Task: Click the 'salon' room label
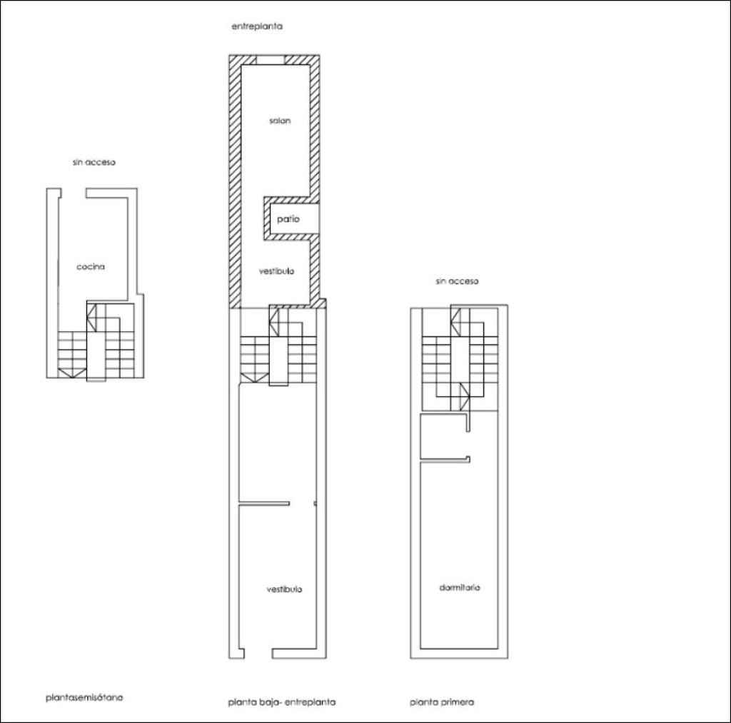pyautogui.click(x=280, y=121)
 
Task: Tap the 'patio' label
pyautogui.click(x=288, y=219)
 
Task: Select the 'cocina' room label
pyautogui.click(x=91, y=267)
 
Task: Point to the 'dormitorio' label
pyautogui.click(x=459, y=588)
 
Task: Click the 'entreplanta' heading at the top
pyautogui.click(x=257, y=26)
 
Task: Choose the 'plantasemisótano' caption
pyautogui.click(x=84, y=698)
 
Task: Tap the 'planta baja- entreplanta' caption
pyautogui.click(x=281, y=702)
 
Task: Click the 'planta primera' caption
pyautogui.click(x=442, y=702)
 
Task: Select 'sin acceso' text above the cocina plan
pyautogui.click(x=94, y=162)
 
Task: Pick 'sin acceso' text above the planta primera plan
pyautogui.click(x=457, y=281)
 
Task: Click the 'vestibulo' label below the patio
pyautogui.click(x=276, y=271)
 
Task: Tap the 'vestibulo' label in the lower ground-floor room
pyautogui.click(x=284, y=590)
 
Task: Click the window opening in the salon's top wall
pyautogui.click(x=271, y=60)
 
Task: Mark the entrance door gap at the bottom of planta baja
pyautogui.click(x=258, y=654)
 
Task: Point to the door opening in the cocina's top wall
pyautogui.click(x=74, y=193)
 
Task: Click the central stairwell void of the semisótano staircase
pyautogui.click(x=96, y=357)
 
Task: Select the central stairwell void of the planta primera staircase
pyautogui.click(x=460, y=362)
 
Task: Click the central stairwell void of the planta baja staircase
pyautogui.click(x=279, y=361)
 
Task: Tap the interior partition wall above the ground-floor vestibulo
pyautogui.click(x=264, y=503)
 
